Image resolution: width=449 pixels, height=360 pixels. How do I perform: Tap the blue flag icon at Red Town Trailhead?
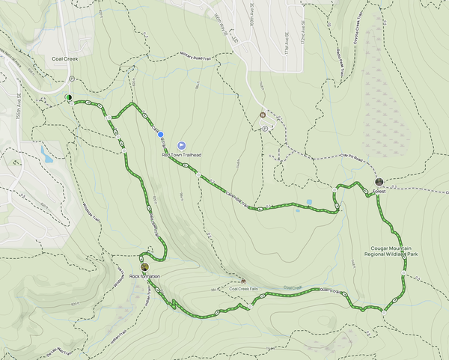tap(182, 145)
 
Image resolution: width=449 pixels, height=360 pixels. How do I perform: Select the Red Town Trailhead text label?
tap(182, 155)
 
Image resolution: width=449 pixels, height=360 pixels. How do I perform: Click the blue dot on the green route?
tap(161, 134)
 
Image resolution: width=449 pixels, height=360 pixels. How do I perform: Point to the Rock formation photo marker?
tap(144, 266)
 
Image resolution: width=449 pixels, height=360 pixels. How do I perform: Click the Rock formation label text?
tap(145, 276)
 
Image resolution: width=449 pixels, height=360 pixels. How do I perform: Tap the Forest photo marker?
tap(379, 182)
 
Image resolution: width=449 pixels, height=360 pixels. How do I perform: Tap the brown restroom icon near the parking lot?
tap(263, 115)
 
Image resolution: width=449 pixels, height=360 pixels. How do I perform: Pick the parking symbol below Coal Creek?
tap(70, 79)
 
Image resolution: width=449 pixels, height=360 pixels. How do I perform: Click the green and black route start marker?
tap(68, 97)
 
